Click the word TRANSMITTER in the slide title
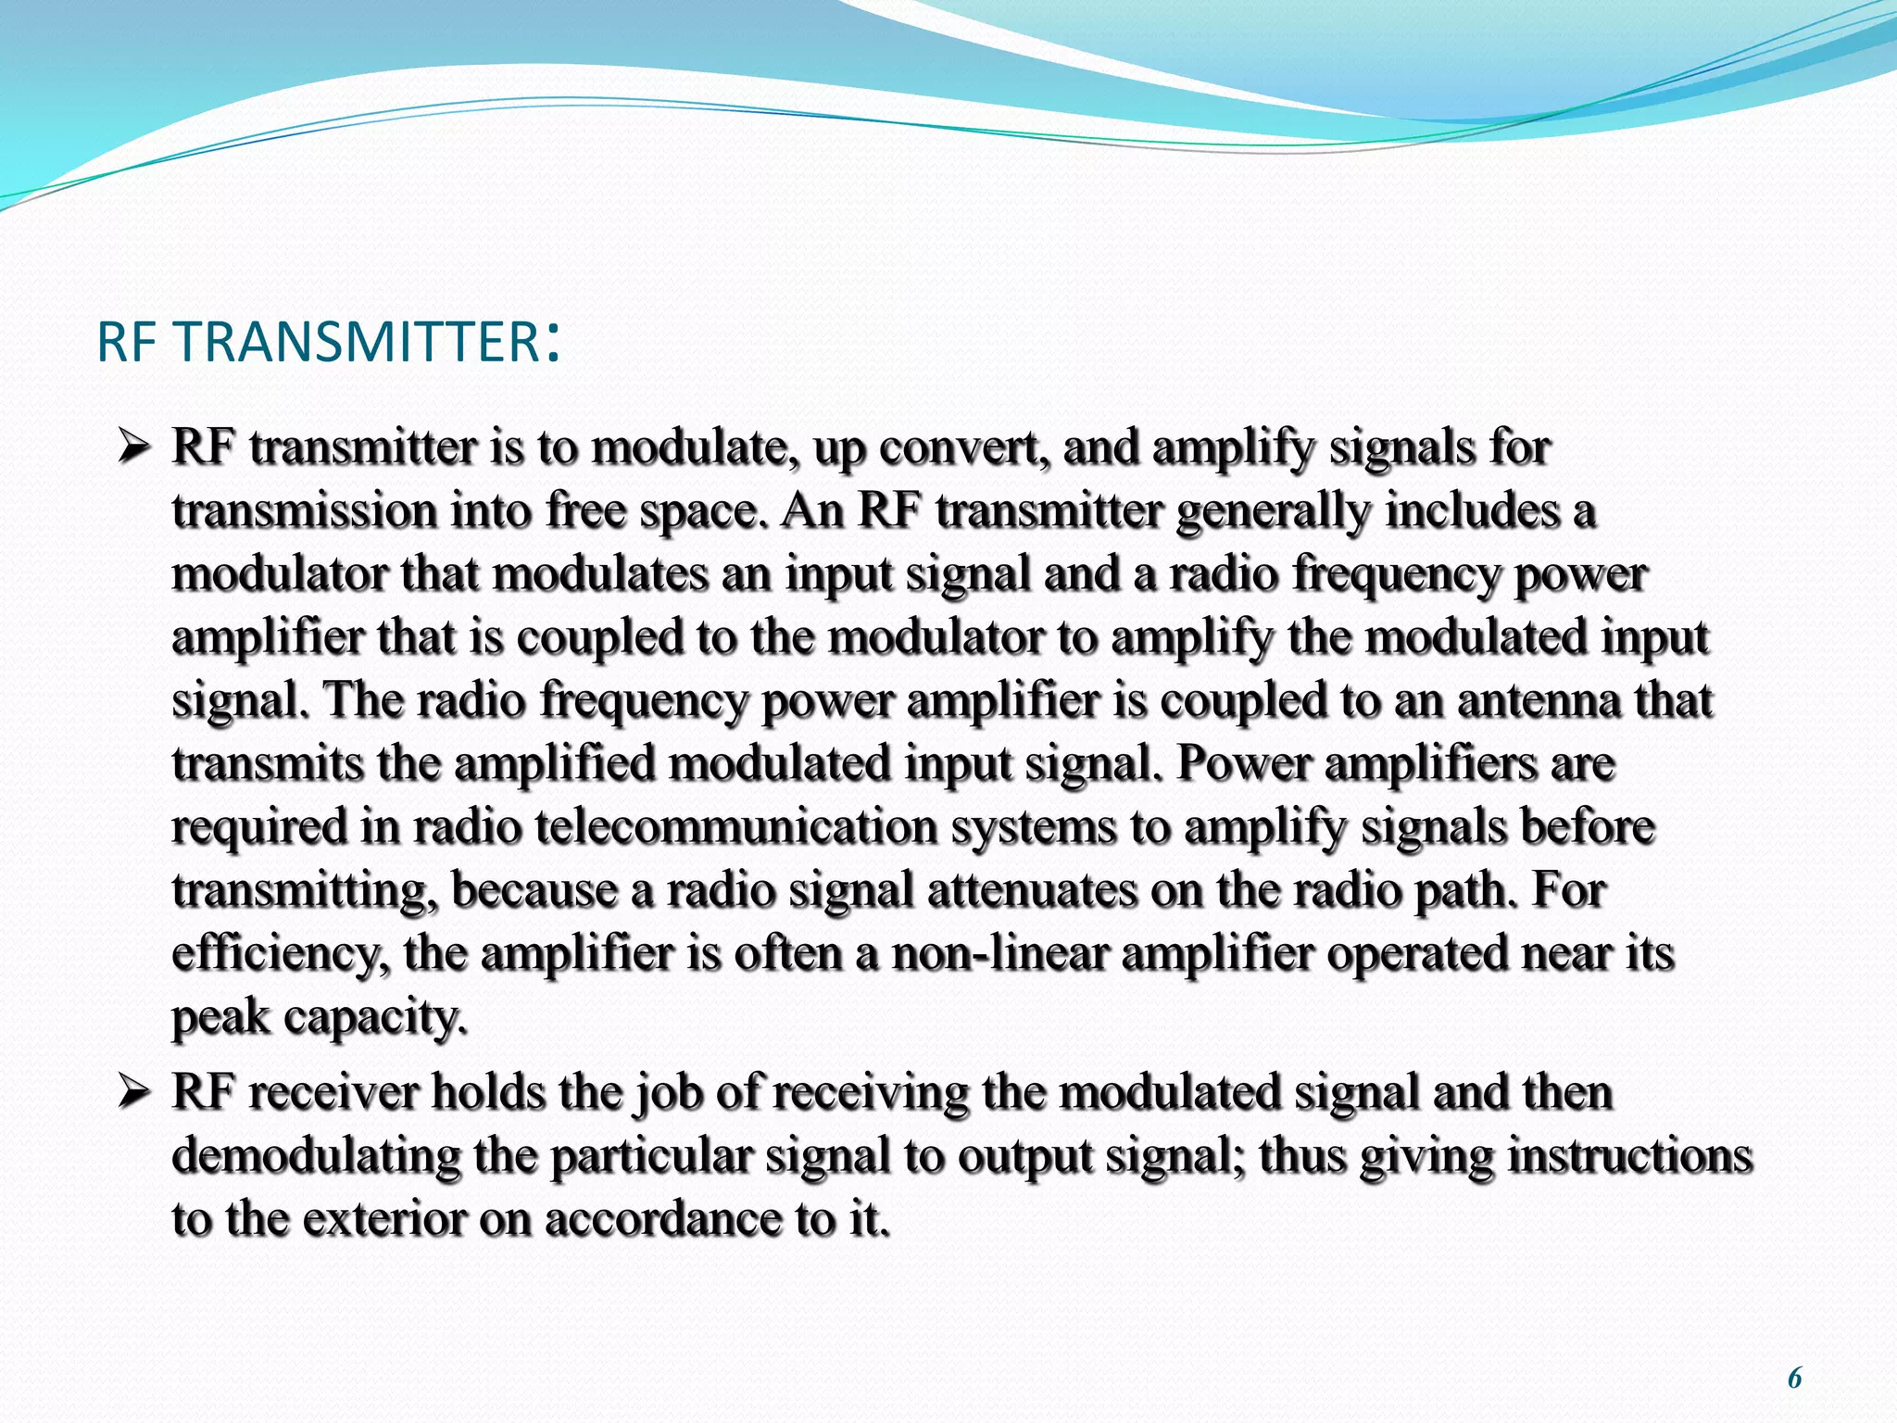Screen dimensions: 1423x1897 357,342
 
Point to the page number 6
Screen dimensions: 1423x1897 1794,1378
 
